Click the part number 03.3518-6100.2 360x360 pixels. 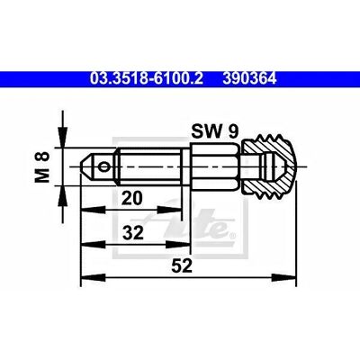(x=147, y=79)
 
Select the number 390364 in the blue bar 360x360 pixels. (x=249, y=79)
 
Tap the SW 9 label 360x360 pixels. (x=215, y=131)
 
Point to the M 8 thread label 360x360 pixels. (x=41, y=167)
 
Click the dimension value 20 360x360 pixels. (x=131, y=198)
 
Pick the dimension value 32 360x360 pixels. (x=133, y=233)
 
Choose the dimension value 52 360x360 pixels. (x=182, y=265)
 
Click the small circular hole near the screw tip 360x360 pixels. (x=104, y=166)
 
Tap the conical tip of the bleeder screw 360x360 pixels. (x=88, y=166)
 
